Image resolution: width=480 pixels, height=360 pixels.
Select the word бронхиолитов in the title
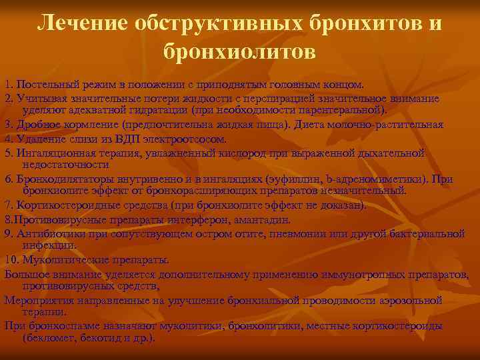(239, 51)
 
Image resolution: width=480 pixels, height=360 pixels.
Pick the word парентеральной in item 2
(341, 109)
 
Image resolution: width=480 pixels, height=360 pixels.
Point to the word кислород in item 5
(237, 153)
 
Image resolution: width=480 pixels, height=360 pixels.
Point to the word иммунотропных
(365, 273)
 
